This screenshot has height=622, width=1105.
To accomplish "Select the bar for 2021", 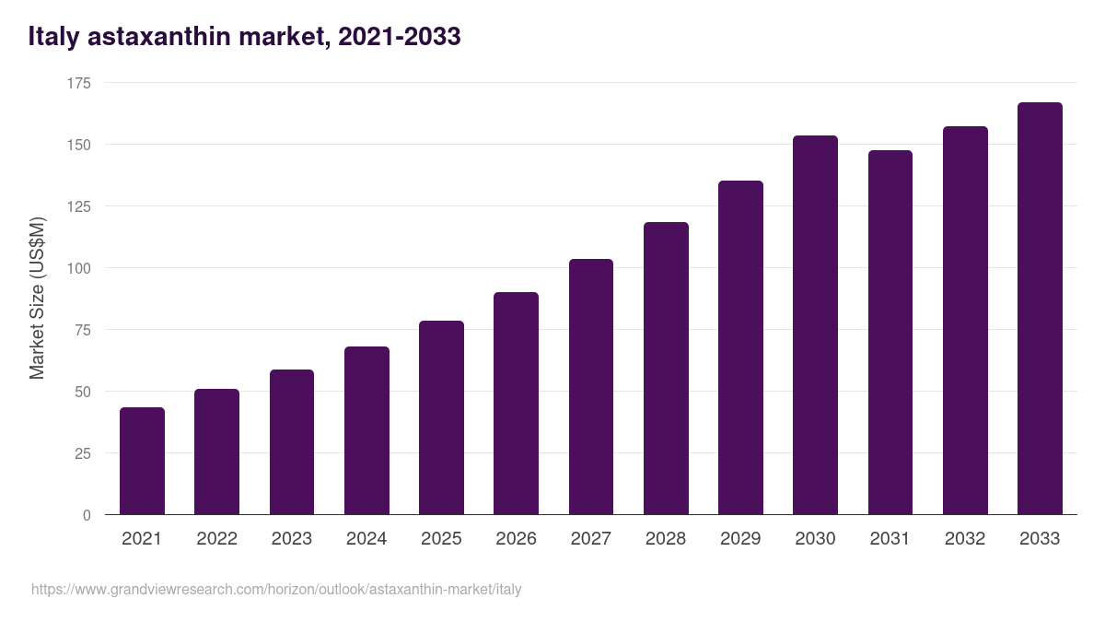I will click(142, 461).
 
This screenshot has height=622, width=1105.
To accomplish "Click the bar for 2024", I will click(366, 430).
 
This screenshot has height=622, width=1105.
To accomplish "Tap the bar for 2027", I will click(591, 387).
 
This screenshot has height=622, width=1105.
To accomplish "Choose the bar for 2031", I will click(890, 333).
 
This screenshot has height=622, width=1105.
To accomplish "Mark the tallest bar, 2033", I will click(1040, 309).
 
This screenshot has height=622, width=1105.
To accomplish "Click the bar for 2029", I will click(740, 347).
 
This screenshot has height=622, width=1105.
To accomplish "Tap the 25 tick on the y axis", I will click(83, 453).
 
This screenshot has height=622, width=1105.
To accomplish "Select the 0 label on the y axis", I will click(87, 515).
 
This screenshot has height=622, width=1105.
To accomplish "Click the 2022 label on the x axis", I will click(216, 539).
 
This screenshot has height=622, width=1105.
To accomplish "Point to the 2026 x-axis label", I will click(516, 539).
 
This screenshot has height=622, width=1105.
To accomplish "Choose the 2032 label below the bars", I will click(965, 539).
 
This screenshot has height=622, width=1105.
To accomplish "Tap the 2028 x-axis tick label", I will click(666, 539).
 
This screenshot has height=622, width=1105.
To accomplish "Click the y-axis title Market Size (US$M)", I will click(37, 298).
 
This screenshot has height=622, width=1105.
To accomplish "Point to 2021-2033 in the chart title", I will click(400, 37).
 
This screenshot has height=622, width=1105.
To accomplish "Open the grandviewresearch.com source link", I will click(276, 589).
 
